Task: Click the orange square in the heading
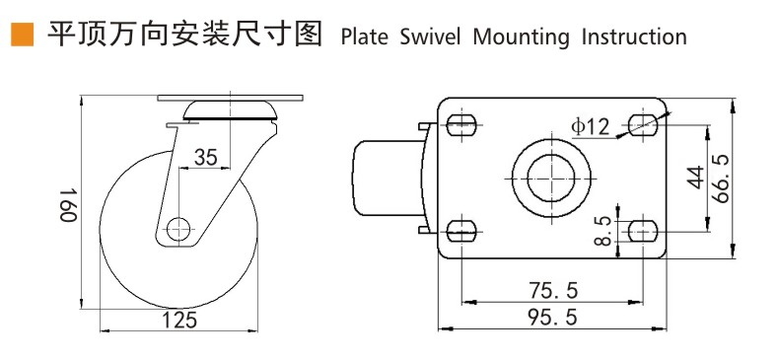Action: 23,35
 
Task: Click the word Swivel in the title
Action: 430,37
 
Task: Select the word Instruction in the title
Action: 634,37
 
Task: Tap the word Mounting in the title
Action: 521,38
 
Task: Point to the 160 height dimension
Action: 68,204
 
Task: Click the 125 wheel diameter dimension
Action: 179,320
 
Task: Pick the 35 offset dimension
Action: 205,158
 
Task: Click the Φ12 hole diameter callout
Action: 590,127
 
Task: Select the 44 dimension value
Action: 695,178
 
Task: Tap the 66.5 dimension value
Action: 721,179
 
